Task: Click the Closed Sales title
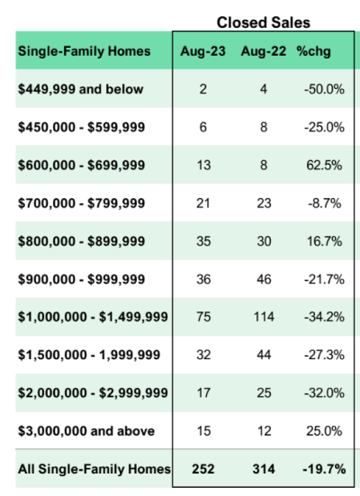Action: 263,23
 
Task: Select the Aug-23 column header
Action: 202,51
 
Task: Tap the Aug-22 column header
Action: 264,51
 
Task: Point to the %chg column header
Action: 313,51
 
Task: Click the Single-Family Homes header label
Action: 84,51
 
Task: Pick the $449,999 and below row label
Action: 81,89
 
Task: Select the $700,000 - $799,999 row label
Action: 82,203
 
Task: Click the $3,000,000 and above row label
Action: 86,431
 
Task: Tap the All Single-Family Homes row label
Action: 94,469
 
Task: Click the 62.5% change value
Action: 324,165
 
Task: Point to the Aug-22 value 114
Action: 264,317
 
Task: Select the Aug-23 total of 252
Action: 203,469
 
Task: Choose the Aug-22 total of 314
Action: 264,469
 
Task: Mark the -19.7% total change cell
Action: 324,469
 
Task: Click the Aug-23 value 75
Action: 203,317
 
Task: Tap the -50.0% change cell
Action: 324,89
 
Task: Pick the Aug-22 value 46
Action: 264,279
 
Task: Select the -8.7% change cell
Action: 324,203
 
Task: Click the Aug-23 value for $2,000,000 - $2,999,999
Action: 203,392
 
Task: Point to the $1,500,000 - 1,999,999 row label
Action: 89,355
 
